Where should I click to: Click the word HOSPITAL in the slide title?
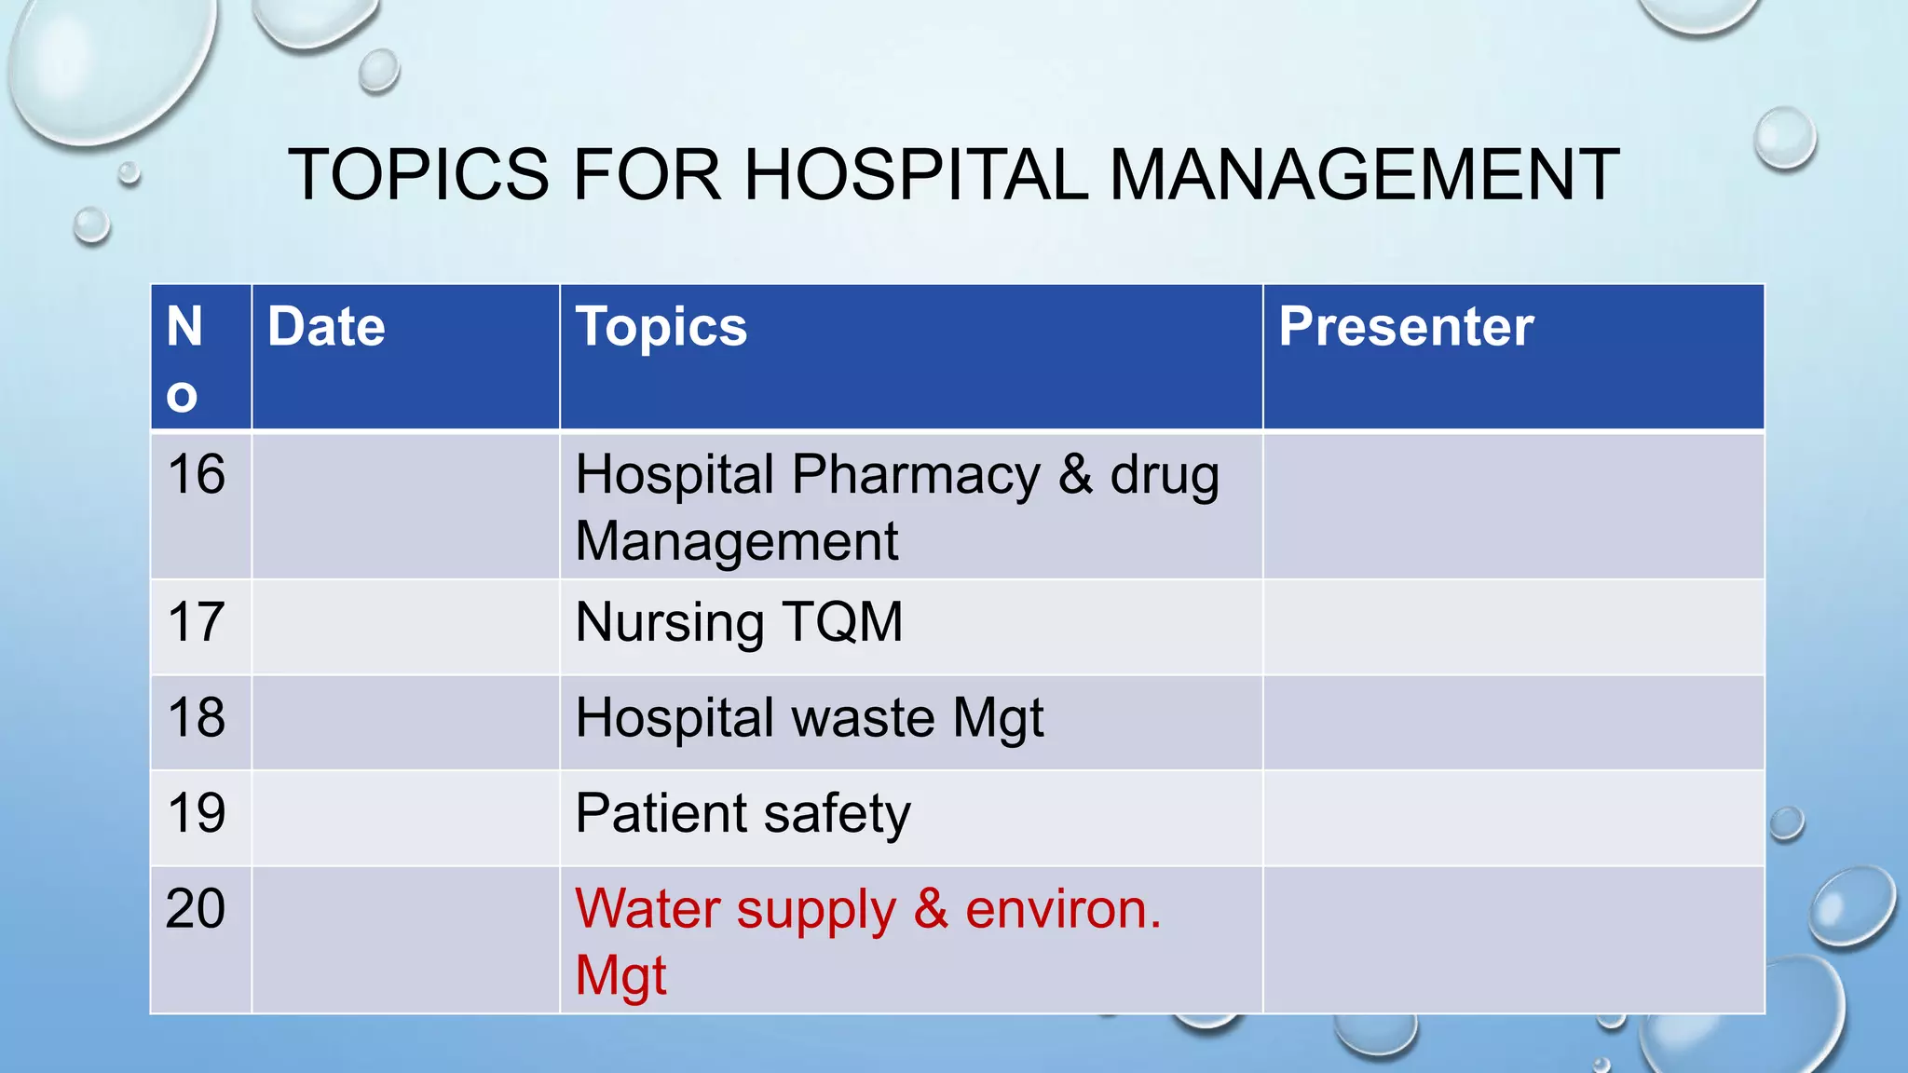coord(916,174)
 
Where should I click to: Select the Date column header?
coord(326,327)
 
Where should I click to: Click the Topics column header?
coord(661,327)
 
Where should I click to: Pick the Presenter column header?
coord(1406,327)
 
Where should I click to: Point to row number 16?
coord(197,474)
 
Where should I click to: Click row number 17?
coord(197,622)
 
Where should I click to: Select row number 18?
coord(197,717)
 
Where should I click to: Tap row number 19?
coord(197,813)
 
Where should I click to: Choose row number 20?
coord(196,908)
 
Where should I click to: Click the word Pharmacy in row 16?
coord(916,476)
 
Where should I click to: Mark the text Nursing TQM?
coord(739,622)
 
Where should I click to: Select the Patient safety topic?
coord(743,813)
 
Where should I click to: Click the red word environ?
coord(1062,909)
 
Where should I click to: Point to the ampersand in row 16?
coord(1075,474)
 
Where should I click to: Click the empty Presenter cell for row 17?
coord(1513,627)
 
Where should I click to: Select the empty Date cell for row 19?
coord(405,818)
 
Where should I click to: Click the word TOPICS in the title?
coord(419,174)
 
